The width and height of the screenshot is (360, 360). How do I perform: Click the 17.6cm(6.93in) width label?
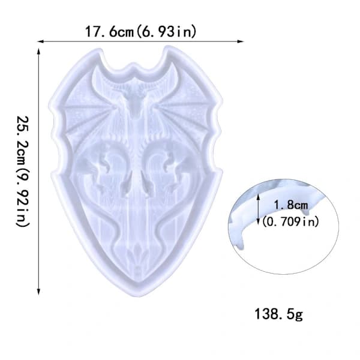pos(141,31)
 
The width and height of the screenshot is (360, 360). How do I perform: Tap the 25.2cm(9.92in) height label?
pos(23,171)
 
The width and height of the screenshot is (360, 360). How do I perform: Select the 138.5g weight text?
pos(279,314)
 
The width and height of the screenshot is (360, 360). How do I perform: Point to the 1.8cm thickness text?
pos(291,205)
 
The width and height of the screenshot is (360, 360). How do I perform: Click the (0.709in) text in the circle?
pos(290,221)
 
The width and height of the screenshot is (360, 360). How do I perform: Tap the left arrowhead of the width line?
pos(40,41)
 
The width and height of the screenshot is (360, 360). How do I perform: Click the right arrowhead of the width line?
pos(240,41)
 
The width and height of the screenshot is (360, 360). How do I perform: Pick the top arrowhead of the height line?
pos(39,52)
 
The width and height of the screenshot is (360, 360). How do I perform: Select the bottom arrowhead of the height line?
pos(39,292)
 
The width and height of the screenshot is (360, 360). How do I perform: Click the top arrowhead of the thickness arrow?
pos(259,196)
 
